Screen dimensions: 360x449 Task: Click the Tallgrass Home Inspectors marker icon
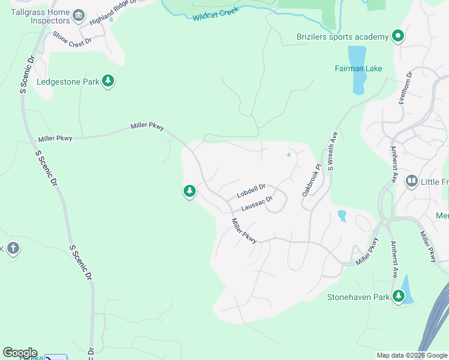(79, 14)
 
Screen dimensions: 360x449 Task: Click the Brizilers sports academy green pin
(397, 37)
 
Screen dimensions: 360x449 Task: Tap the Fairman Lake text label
(358, 68)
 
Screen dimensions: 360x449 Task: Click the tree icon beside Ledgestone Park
(108, 81)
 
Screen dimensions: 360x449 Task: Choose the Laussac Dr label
(257, 205)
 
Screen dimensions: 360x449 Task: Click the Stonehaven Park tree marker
(399, 296)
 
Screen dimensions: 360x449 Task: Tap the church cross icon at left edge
(13, 248)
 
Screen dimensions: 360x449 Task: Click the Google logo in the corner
(20, 353)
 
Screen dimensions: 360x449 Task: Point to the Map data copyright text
(411, 355)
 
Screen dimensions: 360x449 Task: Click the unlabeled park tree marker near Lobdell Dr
(189, 191)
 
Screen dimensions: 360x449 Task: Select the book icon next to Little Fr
(411, 181)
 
